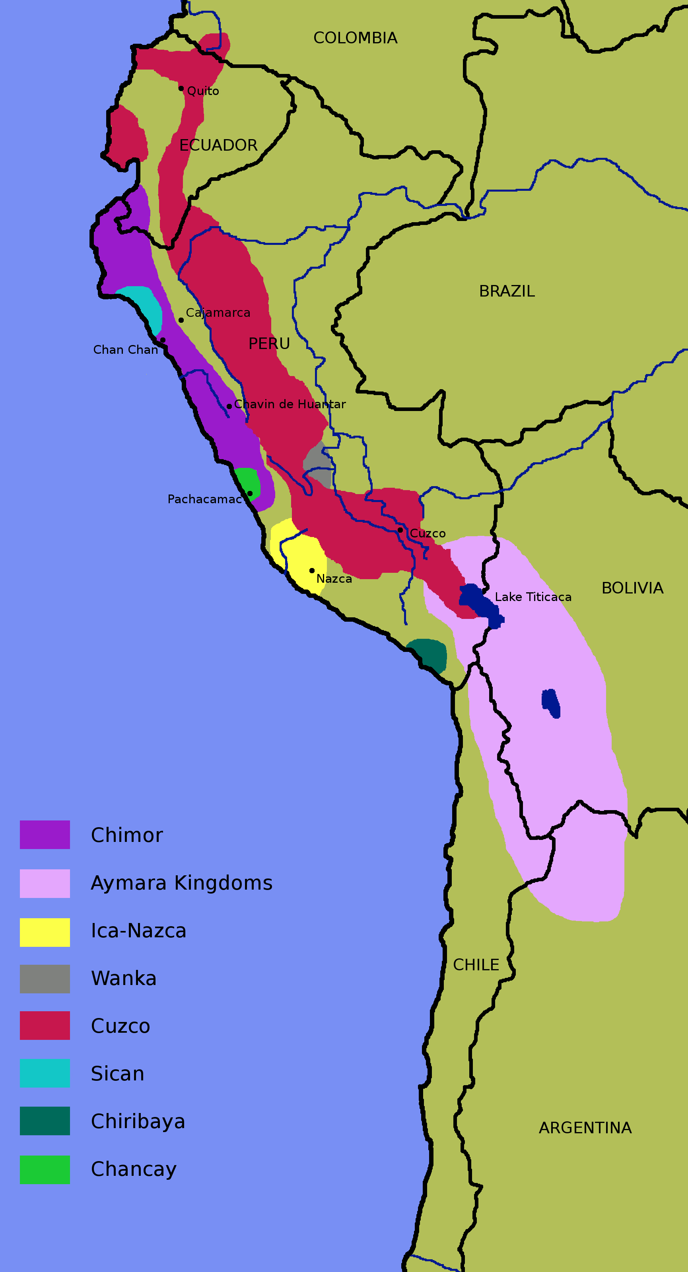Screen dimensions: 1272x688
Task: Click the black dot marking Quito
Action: (x=181, y=88)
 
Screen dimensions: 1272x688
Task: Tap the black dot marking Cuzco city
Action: (x=400, y=530)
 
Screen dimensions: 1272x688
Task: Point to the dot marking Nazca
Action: (x=312, y=570)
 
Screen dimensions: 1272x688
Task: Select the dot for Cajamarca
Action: (x=181, y=320)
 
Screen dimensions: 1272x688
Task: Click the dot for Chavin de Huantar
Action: (x=229, y=406)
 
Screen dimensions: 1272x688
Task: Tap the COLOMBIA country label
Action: (x=355, y=38)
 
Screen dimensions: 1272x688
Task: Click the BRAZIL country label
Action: (x=507, y=291)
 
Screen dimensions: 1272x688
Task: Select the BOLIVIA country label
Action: (x=632, y=588)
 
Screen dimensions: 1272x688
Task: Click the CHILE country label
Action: (x=476, y=965)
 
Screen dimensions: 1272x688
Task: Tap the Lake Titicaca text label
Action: (x=533, y=597)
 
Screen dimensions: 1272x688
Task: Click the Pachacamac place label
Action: (x=204, y=499)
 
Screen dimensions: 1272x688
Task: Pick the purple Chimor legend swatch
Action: (x=45, y=834)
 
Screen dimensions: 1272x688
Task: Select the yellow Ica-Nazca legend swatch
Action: (x=45, y=932)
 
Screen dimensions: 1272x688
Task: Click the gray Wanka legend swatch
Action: (x=45, y=979)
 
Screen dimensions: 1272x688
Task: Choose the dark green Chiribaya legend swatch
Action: (x=45, y=1121)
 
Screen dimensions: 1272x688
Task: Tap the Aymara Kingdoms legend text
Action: (x=181, y=883)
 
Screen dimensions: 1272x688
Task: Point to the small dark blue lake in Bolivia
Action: (x=551, y=703)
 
